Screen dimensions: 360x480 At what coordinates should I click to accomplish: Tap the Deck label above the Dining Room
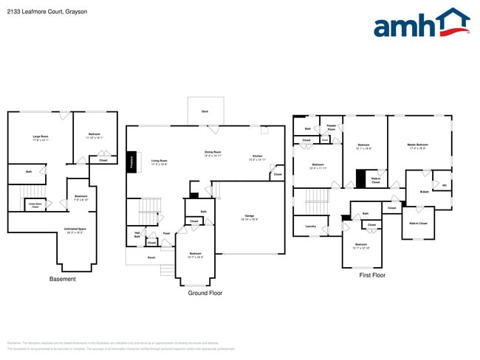pyautogui.click(x=205, y=111)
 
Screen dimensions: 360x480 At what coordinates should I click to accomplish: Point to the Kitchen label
pyautogui.click(x=257, y=156)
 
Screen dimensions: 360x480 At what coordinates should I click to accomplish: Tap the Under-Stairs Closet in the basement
pyautogui.click(x=35, y=206)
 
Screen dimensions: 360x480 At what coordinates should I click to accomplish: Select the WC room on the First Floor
pyautogui.click(x=445, y=185)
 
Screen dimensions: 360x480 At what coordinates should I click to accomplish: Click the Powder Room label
pyautogui.click(x=331, y=127)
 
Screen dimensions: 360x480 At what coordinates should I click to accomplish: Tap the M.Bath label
pyautogui.click(x=425, y=192)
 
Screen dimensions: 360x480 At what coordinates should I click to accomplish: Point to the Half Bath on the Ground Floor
pyautogui.click(x=137, y=235)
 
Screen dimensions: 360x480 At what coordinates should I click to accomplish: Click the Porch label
pyautogui.click(x=151, y=257)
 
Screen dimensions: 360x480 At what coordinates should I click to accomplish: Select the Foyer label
pyautogui.click(x=167, y=234)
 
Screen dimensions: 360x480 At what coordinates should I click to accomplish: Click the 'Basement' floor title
pyautogui.click(x=63, y=280)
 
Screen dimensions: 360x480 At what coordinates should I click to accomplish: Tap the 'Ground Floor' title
pyautogui.click(x=205, y=293)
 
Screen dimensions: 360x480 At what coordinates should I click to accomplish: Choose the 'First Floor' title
pyautogui.click(x=372, y=275)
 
